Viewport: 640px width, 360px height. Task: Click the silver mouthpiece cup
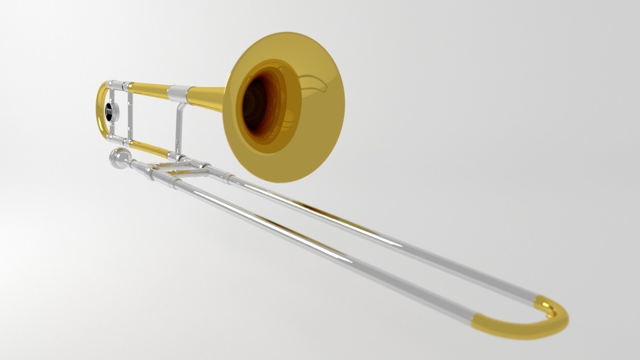tap(119, 159)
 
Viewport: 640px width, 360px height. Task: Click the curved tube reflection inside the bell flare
tap(313, 83)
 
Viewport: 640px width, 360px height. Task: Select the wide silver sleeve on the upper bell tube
tap(177, 93)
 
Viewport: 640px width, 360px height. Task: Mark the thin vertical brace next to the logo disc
tap(129, 113)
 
